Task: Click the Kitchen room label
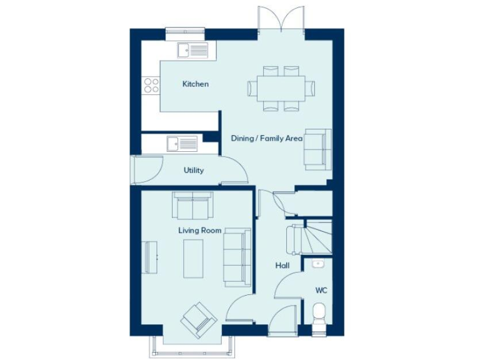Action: click(x=195, y=84)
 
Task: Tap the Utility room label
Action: click(x=193, y=170)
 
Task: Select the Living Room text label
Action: click(x=199, y=231)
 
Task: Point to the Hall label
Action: click(x=282, y=266)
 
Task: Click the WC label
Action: click(x=321, y=291)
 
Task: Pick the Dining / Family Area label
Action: click(x=266, y=138)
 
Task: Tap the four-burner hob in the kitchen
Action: click(x=151, y=85)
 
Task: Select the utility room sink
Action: click(x=181, y=144)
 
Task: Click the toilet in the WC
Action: click(x=319, y=312)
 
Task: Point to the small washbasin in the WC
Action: click(x=318, y=264)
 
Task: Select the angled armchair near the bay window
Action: click(x=199, y=320)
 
